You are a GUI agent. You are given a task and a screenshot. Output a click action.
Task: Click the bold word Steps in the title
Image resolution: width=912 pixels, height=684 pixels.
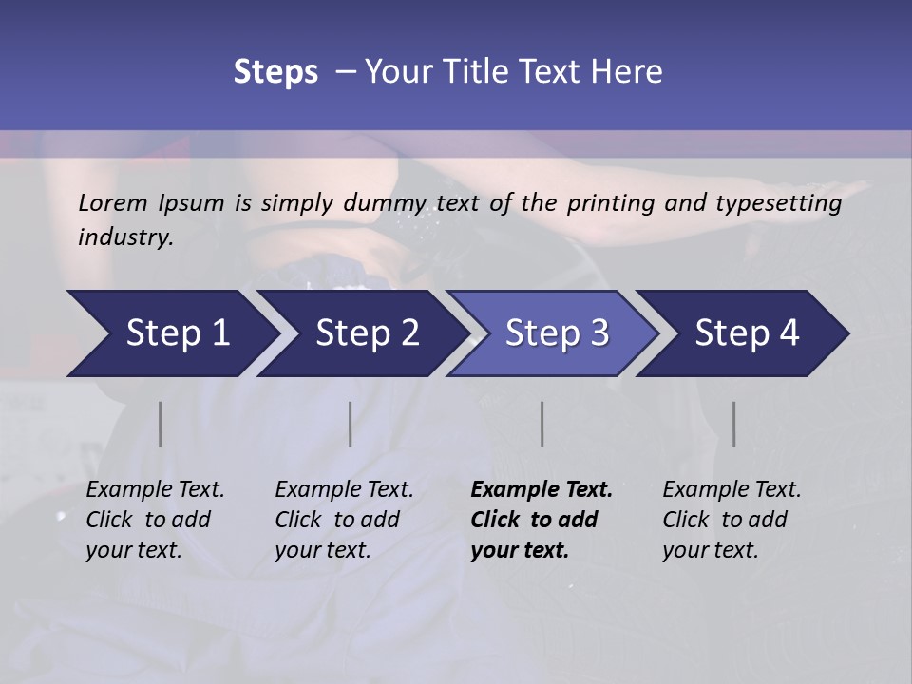coord(275,72)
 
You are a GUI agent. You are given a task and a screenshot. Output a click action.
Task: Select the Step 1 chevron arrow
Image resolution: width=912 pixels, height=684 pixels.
coord(171,333)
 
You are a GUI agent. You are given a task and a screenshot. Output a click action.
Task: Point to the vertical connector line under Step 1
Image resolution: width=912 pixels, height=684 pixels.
coord(161,424)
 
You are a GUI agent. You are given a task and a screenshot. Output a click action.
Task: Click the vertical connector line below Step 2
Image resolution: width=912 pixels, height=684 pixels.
coord(351,424)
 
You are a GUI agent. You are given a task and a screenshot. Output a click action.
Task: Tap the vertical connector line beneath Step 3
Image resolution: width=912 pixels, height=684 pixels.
coord(541,424)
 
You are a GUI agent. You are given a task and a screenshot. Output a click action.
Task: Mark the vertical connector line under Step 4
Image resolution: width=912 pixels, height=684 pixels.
coord(733,424)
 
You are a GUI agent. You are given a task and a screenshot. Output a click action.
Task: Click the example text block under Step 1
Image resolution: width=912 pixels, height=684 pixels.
coord(155,520)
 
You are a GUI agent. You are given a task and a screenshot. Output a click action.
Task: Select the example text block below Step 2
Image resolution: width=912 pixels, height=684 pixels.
coord(344,520)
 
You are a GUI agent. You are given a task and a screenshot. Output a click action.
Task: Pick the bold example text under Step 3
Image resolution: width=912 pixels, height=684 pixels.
coord(541,520)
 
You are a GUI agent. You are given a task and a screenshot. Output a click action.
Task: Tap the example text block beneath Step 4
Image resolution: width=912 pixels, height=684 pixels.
coord(731,520)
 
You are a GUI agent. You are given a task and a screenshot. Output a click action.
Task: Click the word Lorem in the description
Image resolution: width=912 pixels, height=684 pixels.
coord(113,202)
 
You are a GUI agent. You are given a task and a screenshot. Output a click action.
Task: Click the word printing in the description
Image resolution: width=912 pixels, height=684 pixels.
coord(613,203)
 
